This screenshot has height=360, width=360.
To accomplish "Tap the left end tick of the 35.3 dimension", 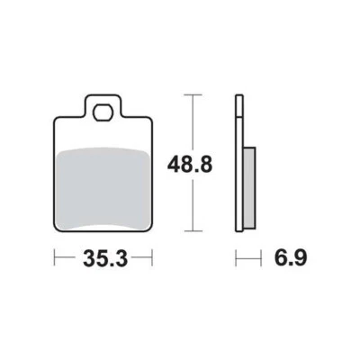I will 55,259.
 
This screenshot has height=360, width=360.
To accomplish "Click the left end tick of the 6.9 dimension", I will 237,259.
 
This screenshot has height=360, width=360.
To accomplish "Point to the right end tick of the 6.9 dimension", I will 255,259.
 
